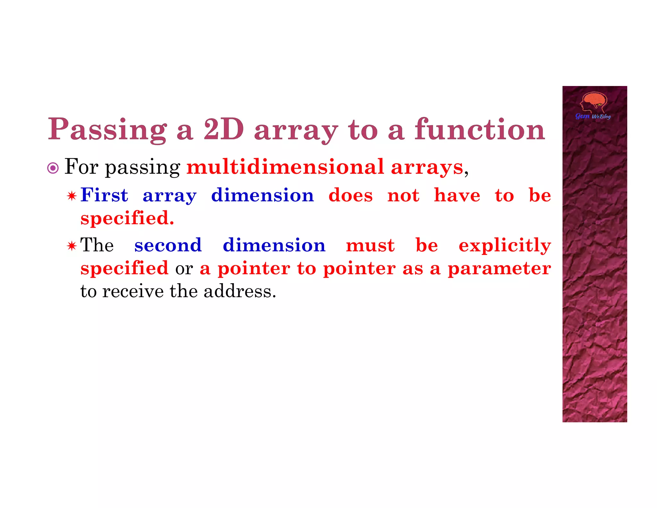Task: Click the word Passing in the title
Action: pos(107,130)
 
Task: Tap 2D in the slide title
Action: pos(224,129)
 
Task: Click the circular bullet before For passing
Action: pos(53,168)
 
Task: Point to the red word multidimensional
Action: pos(285,167)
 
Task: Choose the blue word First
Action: pos(104,195)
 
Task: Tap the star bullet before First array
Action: pos(72,196)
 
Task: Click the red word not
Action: pos(403,195)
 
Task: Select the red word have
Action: pos(457,195)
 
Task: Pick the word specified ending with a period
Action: pos(127,218)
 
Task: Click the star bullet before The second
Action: pos(72,246)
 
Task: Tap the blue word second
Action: pos(168,245)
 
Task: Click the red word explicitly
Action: pos(505,246)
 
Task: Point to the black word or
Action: pos(184,268)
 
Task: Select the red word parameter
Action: pos(499,268)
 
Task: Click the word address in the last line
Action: pos(239,291)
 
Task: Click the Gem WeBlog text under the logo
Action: pos(593,116)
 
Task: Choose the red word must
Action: pos(370,245)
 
